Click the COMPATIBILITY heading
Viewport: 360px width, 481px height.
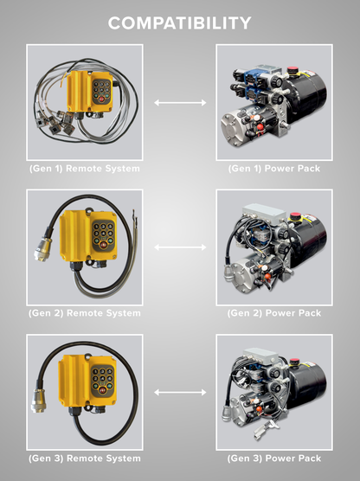(180, 22)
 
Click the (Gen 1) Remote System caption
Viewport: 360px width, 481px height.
(85, 168)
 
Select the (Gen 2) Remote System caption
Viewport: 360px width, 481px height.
(85, 312)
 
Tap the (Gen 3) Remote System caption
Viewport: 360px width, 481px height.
(85, 458)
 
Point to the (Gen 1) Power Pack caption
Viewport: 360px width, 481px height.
(274, 168)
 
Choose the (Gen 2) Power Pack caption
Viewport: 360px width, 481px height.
(274, 312)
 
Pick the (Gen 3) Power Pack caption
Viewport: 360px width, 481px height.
(274, 458)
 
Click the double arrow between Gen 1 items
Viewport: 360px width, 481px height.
(180, 103)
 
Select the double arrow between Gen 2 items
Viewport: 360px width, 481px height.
(180, 247)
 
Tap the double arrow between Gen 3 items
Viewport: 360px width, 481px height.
(180, 393)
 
